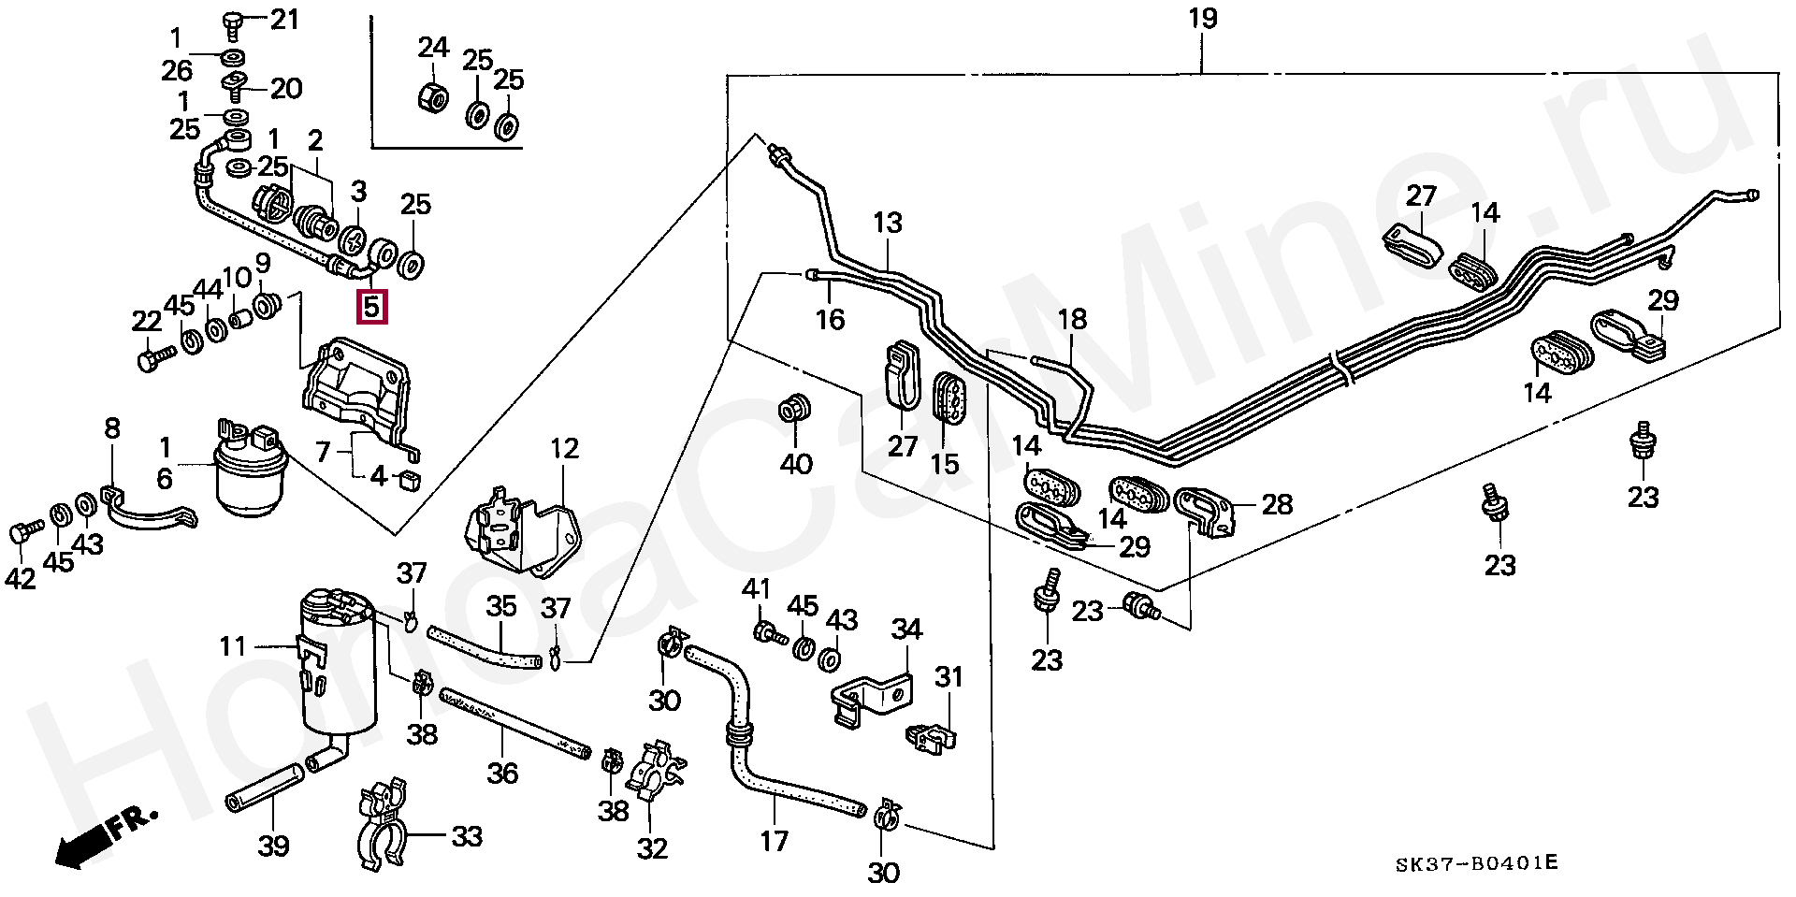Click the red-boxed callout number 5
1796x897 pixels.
pyautogui.click(x=372, y=305)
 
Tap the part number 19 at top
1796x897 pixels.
pyautogui.click(x=1203, y=19)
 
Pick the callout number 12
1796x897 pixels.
pyautogui.click(x=564, y=448)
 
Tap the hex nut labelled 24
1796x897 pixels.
pyautogui.click(x=433, y=96)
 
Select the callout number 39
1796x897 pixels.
pyautogui.click(x=274, y=846)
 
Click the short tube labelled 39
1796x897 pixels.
pyautogui.click(x=265, y=788)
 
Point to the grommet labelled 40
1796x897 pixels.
pyautogui.click(x=794, y=410)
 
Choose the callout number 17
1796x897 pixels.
pyautogui.click(x=775, y=841)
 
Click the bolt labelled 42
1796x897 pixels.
pyautogui.click(x=26, y=533)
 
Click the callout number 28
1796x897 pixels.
pyautogui.click(x=1277, y=504)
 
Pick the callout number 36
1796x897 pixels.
pyautogui.click(x=502, y=774)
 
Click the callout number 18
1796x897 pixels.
pyautogui.click(x=1072, y=319)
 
